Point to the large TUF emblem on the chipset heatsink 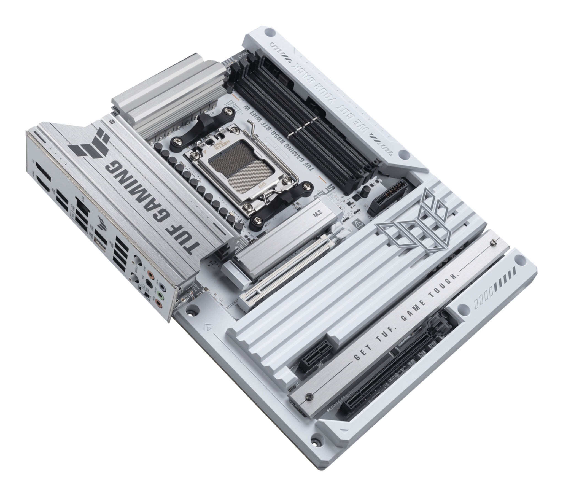pyautogui.click(x=408, y=220)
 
